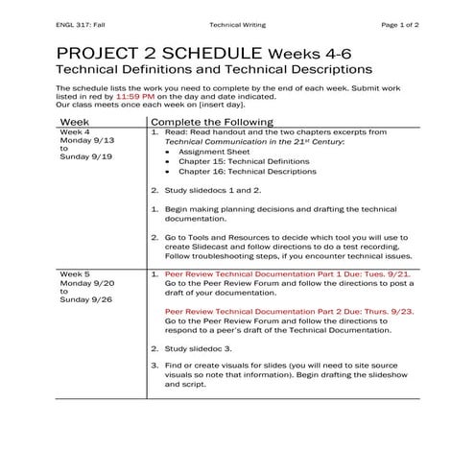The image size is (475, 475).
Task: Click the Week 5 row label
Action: [x=75, y=273]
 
